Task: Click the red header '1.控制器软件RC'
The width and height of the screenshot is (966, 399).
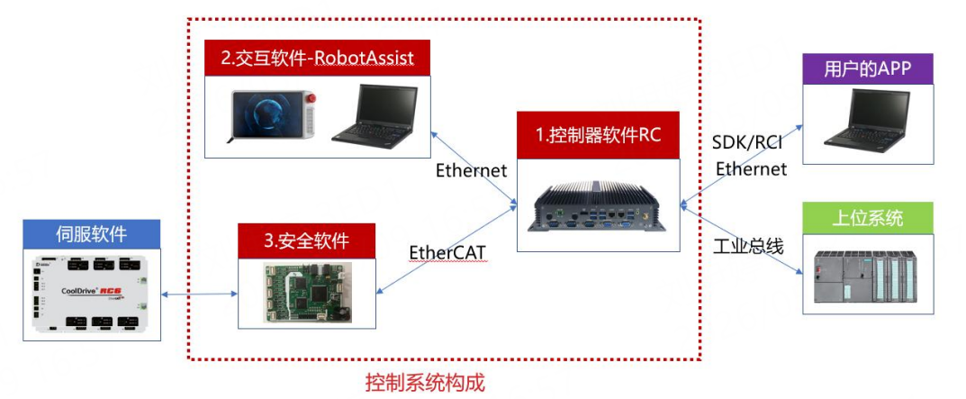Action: coord(598,135)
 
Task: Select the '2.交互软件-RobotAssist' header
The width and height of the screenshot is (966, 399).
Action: coord(317,59)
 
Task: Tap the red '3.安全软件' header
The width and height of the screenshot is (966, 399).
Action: coord(306,241)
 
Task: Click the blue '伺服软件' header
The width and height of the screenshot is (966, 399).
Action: coord(92,234)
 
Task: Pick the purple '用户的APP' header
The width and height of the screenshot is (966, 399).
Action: coord(868,69)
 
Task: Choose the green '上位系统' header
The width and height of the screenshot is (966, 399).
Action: coord(868,218)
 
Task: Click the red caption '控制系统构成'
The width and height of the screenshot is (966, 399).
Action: coord(425,383)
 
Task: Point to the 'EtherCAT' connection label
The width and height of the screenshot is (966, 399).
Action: coord(447,252)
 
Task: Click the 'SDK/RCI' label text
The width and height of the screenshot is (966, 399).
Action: coord(748,144)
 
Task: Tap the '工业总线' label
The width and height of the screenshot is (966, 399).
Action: coord(748,247)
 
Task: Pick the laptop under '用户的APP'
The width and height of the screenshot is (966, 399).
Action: coord(865,121)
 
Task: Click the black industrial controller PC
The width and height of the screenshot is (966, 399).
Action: coord(598,206)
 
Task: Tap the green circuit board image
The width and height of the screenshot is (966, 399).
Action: coord(307,293)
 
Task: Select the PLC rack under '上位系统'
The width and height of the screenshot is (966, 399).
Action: coord(865,276)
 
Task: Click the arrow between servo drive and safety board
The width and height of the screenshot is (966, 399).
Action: coord(200,295)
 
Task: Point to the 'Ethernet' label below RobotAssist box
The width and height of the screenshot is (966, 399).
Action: coord(471,169)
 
